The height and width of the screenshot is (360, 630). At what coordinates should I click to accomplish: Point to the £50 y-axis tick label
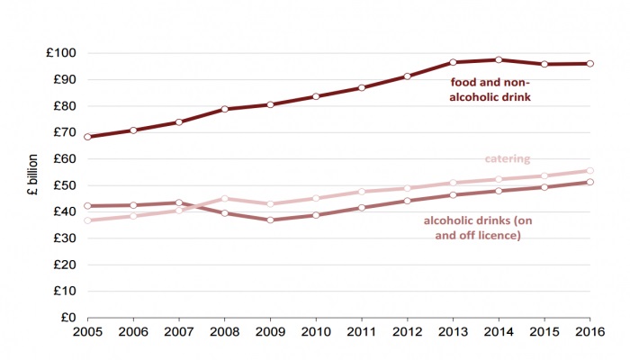(64, 185)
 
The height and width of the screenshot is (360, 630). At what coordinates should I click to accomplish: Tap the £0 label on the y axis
(67, 318)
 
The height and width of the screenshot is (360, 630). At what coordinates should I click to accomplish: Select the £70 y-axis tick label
(64, 132)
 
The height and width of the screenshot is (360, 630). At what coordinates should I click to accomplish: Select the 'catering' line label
(508, 159)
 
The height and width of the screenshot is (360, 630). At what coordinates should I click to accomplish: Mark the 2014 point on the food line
(499, 59)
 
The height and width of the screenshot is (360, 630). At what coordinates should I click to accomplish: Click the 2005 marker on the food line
(88, 137)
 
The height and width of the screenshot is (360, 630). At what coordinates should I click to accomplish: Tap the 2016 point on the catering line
(589, 170)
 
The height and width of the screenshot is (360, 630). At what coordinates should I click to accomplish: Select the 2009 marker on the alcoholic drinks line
(271, 220)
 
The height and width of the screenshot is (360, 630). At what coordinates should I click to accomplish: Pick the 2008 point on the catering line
(225, 199)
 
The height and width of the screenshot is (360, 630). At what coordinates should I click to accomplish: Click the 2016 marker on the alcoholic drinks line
(589, 182)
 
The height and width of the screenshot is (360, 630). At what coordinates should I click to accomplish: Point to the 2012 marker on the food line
(407, 76)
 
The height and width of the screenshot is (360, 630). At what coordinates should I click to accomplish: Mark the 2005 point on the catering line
(88, 220)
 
